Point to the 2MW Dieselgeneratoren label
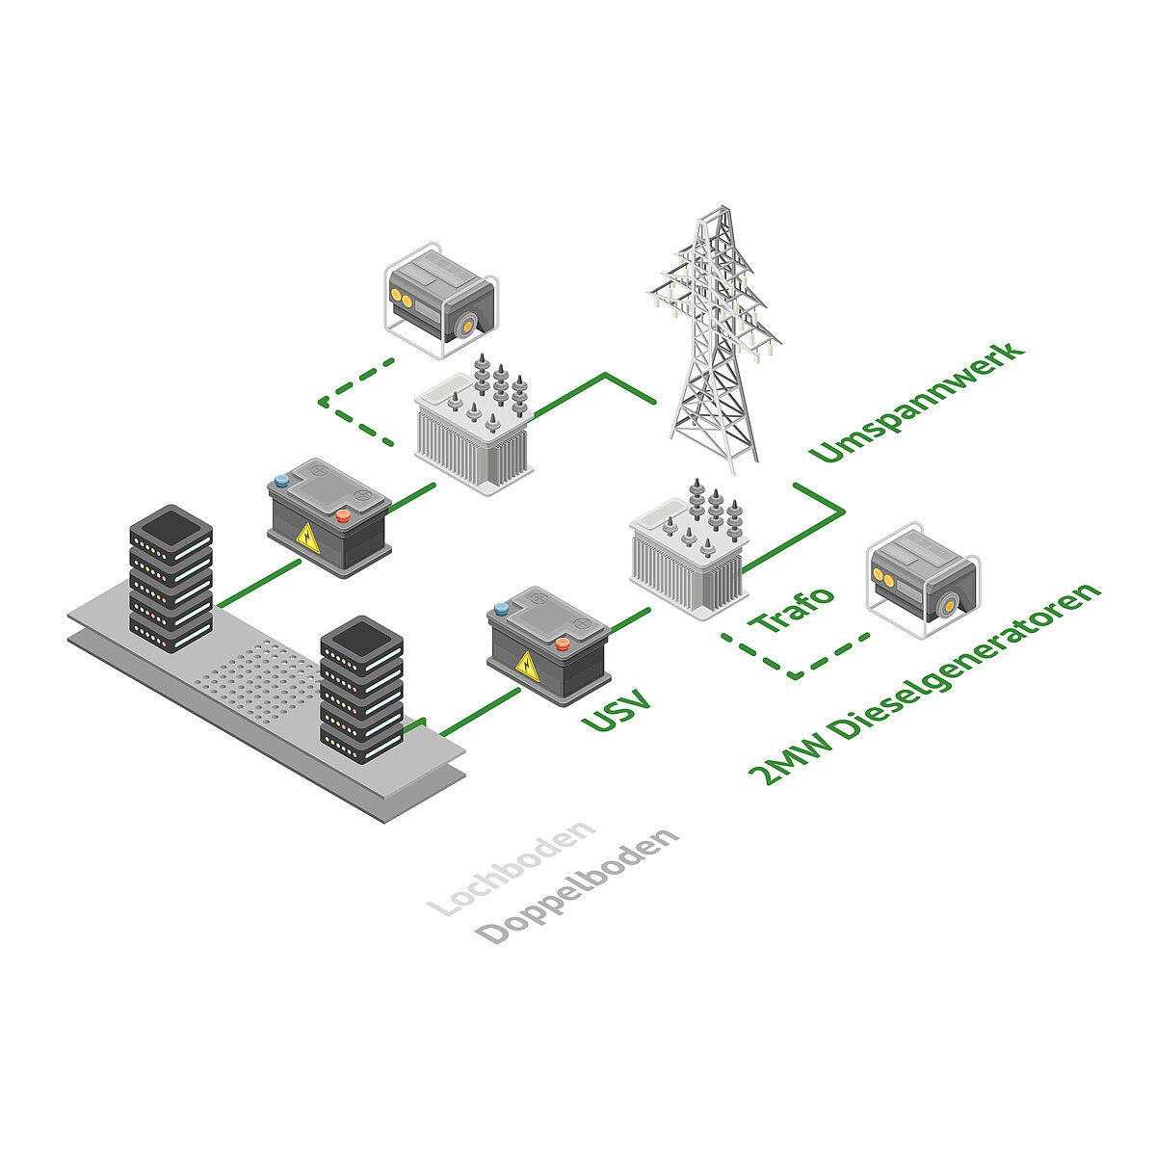pyautogui.click(x=925, y=684)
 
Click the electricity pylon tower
pyautogui.click(x=714, y=337)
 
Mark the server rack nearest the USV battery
pyautogui.click(x=360, y=690)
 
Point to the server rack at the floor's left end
pyautogui.click(x=171, y=578)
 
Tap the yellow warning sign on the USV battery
pyautogui.click(x=526, y=665)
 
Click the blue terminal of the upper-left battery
pyautogui.click(x=281, y=480)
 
